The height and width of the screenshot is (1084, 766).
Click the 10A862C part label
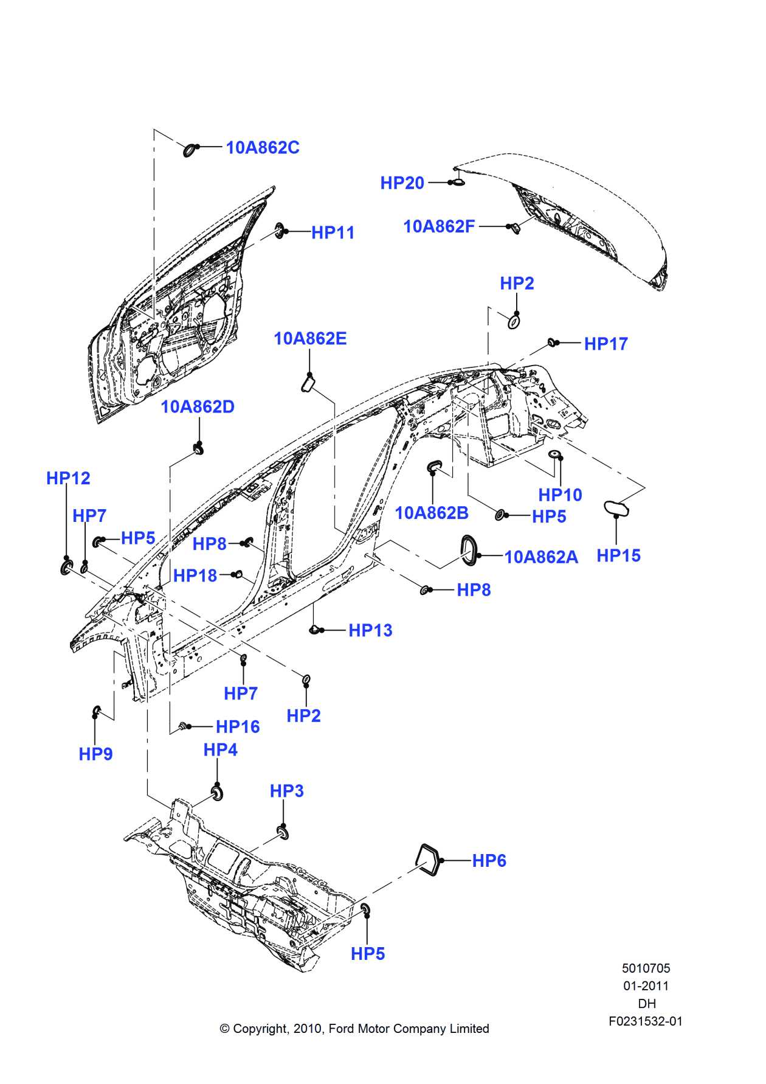262,148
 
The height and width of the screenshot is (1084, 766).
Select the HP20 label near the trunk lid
402,183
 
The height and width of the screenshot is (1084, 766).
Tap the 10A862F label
439,227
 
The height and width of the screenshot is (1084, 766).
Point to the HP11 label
333,232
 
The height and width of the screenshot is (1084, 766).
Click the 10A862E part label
310,339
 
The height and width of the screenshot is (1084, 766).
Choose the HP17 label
606,344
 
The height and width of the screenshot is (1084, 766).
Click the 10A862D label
198,407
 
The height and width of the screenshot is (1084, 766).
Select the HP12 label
68,479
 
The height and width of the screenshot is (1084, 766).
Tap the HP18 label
195,575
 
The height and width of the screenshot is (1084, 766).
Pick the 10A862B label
432,513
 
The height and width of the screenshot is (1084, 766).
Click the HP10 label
560,495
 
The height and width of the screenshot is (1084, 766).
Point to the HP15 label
618,555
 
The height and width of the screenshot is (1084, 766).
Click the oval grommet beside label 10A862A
469,550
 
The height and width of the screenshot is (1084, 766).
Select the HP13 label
370,631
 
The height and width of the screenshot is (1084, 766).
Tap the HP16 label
238,727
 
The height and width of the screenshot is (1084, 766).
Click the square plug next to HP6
428,860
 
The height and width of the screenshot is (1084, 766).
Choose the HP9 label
95,754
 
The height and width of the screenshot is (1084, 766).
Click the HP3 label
286,791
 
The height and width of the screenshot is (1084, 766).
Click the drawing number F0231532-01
646,1021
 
